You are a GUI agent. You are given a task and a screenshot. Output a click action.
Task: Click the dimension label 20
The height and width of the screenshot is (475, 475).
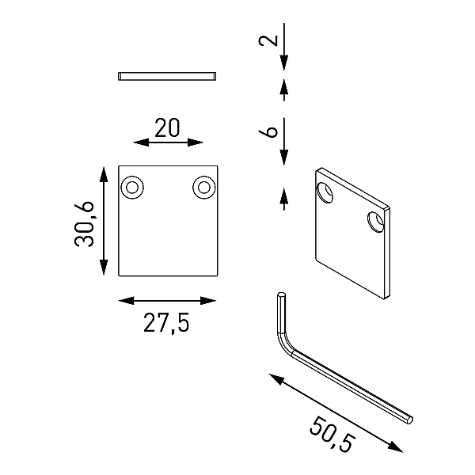[167, 127]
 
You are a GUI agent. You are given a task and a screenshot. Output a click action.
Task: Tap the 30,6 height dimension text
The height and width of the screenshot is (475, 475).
[84, 224]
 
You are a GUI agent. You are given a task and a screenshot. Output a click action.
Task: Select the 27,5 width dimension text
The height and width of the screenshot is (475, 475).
[166, 323]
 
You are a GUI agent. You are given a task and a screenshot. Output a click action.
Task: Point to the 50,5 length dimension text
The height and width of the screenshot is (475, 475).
[332, 435]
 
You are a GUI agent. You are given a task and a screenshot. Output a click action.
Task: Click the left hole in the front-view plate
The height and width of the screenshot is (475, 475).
[132, 187]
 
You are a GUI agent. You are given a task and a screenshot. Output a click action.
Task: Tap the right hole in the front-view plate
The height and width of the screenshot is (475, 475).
[204, 187]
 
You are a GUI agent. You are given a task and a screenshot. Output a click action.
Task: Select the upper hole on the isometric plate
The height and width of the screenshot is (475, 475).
[325, 192]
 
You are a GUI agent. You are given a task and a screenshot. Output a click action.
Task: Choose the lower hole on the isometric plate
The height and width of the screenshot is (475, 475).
[375, 222]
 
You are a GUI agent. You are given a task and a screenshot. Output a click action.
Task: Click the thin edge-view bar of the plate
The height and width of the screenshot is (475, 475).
[167, 76]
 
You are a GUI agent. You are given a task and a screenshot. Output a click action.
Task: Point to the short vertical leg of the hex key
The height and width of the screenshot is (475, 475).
[281, 313]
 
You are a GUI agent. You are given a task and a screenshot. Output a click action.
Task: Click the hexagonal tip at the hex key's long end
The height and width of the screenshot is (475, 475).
[409, 420]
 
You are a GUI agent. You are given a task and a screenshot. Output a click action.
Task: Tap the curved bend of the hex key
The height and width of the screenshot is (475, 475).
[284, 344]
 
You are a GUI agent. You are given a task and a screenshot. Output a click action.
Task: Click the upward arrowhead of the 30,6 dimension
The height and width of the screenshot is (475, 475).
[104, 174]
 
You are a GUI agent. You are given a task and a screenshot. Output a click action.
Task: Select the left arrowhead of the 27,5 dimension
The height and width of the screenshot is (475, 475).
[126, 301]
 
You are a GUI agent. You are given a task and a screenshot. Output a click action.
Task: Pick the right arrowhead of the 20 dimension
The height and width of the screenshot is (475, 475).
[195, 142]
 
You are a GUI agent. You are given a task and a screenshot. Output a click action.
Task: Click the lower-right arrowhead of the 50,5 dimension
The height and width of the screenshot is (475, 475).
[396, 446]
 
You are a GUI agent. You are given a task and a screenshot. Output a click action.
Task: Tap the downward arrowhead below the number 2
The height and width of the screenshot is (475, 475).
[284, 63]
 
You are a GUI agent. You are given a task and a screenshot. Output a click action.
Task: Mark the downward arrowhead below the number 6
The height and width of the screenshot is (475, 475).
[284, 158]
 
